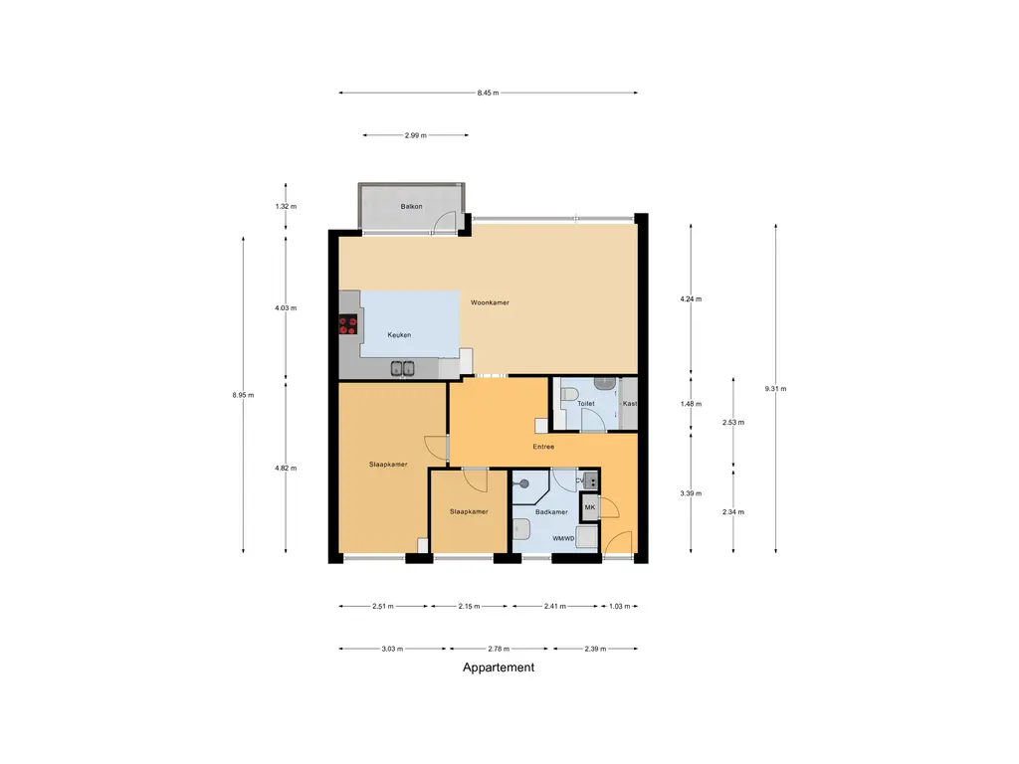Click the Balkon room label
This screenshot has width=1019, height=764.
tap(411, 207)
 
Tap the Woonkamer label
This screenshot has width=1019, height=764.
tap(490, 302)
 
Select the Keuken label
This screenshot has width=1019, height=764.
tap(399, 335)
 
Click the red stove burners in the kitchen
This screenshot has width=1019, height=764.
tap(347, 325)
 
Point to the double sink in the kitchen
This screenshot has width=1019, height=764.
tap(403, 368)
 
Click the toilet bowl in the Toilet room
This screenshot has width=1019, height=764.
tap(569, 394)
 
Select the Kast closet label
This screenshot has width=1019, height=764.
tap(630, 404)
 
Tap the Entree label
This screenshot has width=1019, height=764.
tap(544, 447)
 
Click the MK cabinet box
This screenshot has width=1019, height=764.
tap(589, 507)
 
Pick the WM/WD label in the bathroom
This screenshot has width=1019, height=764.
tap(563, 538)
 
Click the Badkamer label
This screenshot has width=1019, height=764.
tap(551, 512)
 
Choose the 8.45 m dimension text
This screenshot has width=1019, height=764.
tap(488, 93)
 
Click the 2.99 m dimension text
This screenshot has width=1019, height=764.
tap(416, 135)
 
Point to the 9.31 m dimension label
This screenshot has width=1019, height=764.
tap(775, 389)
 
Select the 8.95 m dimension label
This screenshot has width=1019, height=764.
tap(243, 395)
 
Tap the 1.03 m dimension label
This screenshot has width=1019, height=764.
tap(619, 606)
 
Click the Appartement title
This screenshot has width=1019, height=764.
tap(499, 668)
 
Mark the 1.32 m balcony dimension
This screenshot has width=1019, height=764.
tap(286, 207)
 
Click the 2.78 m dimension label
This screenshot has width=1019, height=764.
tap(499, 649)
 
